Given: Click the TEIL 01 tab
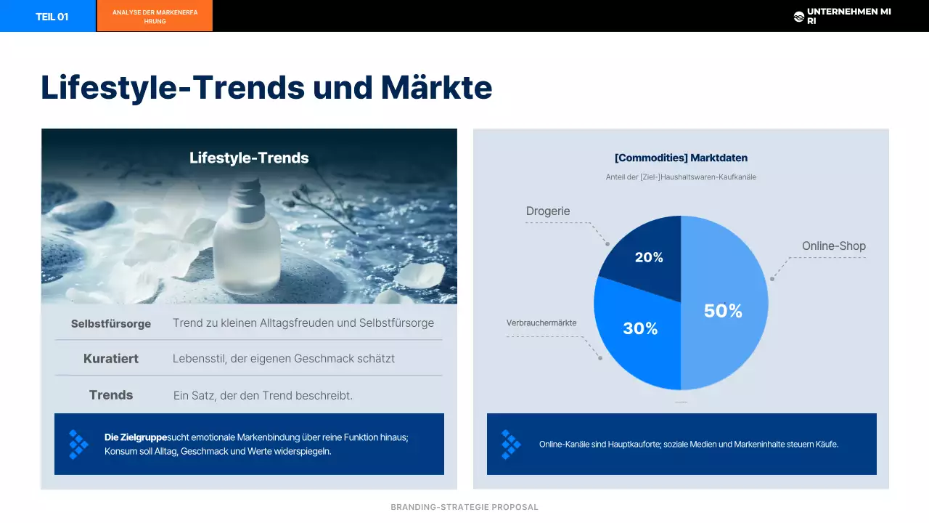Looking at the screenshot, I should [52, 17].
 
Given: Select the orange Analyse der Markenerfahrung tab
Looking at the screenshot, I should [155, 17].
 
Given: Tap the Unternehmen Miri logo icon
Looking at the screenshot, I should [799, 17].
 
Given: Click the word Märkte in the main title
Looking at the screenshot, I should [436, 88].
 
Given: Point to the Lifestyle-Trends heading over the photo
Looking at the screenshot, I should [249, 158].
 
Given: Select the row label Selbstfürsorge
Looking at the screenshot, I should [111, 324].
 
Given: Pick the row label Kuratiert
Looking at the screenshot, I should [111, 359].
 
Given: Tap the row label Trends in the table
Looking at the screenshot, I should [111, 395].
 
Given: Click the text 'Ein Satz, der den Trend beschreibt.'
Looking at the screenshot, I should [263, 396].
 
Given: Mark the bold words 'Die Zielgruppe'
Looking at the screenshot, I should [136, 437].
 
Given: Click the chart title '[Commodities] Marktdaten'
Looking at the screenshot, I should [681, 158].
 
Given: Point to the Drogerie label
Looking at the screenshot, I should [548, 211].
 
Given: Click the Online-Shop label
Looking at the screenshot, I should [834, 246].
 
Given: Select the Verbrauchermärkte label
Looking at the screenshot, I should [541, 323].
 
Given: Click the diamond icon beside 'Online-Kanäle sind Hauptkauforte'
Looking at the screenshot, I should [511, 444].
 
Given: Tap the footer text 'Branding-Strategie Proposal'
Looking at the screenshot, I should [464, 507].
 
